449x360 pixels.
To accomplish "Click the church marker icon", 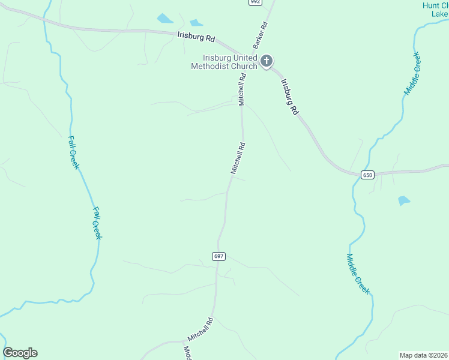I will click(267, 61).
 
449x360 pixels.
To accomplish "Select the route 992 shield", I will click(255, 2).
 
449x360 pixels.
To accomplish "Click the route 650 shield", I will click(367, 175).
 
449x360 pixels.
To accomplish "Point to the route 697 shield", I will click(218, 256).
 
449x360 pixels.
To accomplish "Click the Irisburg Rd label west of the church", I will click(196, 37).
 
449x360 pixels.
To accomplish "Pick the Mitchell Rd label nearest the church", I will click(242, 90).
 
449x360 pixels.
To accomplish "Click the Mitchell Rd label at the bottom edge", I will click(200, 328).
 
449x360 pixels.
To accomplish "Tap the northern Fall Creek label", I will click(73, 152).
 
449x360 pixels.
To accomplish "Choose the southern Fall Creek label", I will click(97, 223).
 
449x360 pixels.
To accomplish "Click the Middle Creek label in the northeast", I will click(412, 74).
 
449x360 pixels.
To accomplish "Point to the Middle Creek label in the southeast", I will click(358, 274).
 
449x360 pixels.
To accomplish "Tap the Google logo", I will click(20, 353).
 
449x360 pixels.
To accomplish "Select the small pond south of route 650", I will click(404, 201).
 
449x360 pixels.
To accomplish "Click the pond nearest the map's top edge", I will click(164, 18).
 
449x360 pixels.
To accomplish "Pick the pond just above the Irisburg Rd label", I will click(196, 23).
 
